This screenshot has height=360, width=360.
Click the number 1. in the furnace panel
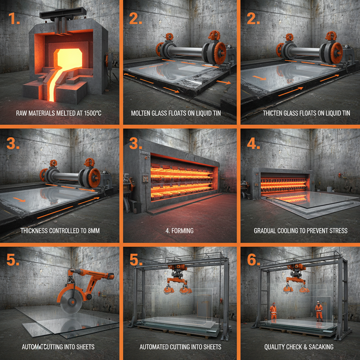point(15,19)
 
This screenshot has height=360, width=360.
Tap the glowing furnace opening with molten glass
point(66,58)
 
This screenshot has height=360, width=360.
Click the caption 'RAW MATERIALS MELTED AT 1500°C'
point(60,113)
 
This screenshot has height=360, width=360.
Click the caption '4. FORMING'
point(180,231)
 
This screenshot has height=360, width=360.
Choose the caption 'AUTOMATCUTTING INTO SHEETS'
point(58,347)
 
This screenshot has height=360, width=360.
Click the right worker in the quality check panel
point(319,310)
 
